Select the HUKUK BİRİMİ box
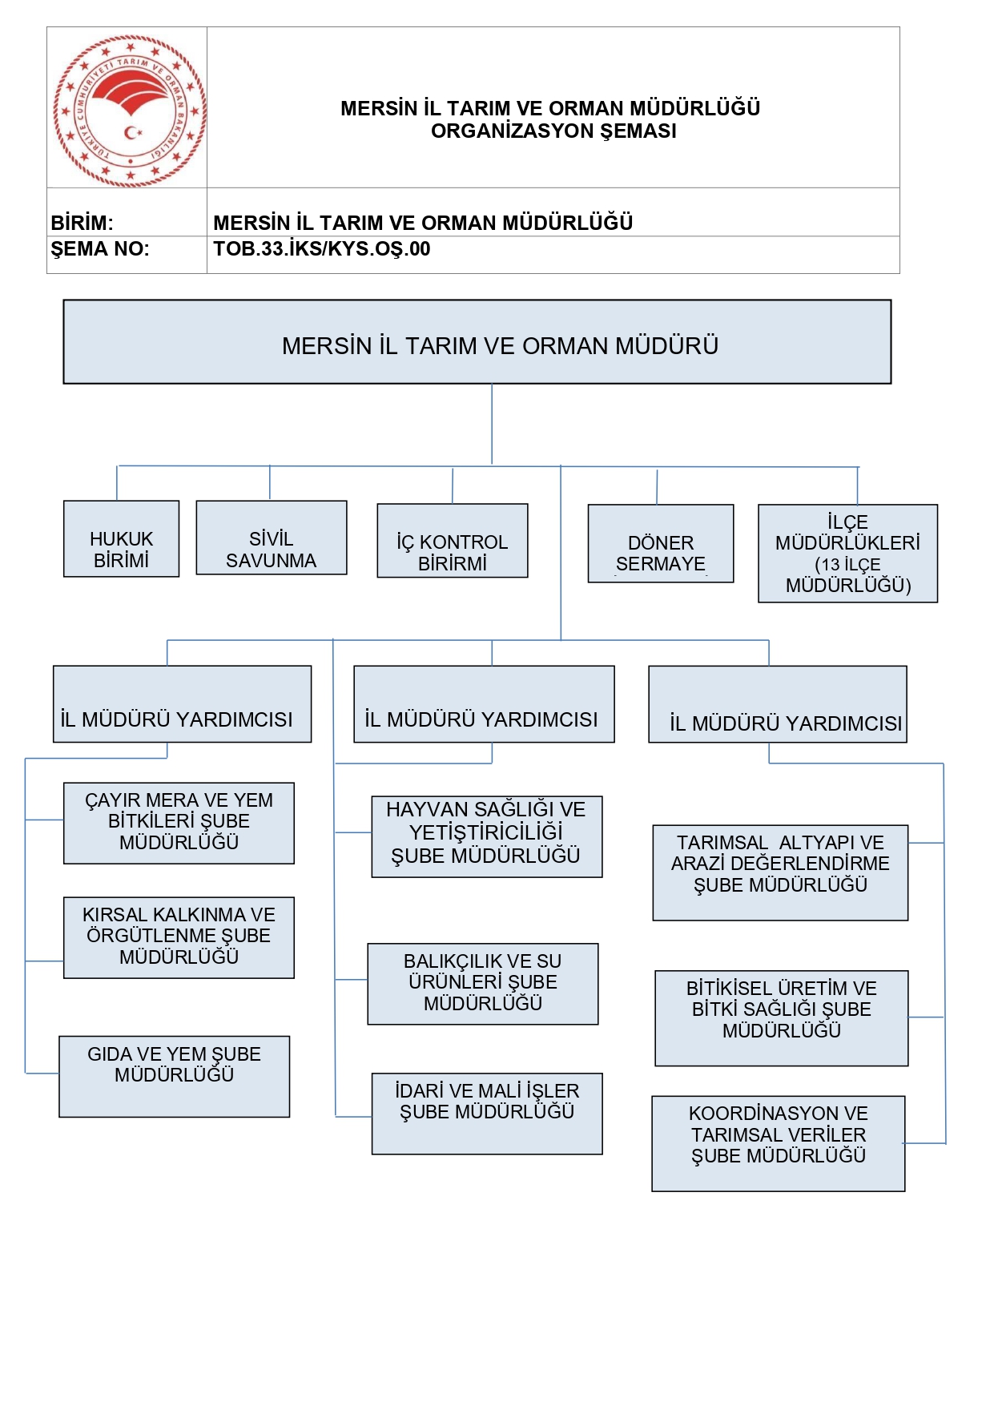pos(121,539)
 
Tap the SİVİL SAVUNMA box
pos(272,538)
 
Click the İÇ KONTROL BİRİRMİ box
pos(453,541)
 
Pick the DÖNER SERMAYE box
pos(661,544)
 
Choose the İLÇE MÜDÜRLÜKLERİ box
pos(847,554)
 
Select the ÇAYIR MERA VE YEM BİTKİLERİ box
pos(179,824)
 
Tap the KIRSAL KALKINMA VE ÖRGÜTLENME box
pos(179,938)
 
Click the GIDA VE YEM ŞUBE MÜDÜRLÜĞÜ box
pos(175,1077)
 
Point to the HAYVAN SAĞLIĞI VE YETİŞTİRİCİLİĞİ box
pos(487,837)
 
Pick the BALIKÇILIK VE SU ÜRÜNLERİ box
pos(483,984)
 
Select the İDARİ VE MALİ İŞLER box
pos(487,1114)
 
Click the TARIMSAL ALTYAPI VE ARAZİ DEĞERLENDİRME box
pos(780,872)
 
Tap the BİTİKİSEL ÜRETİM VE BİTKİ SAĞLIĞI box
pos(782,1018)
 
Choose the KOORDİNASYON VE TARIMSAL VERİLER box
pos(779,1143)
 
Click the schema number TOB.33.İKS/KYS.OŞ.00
pos(322,249)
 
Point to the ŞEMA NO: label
pos(100,249)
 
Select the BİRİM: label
pos(82,223)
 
